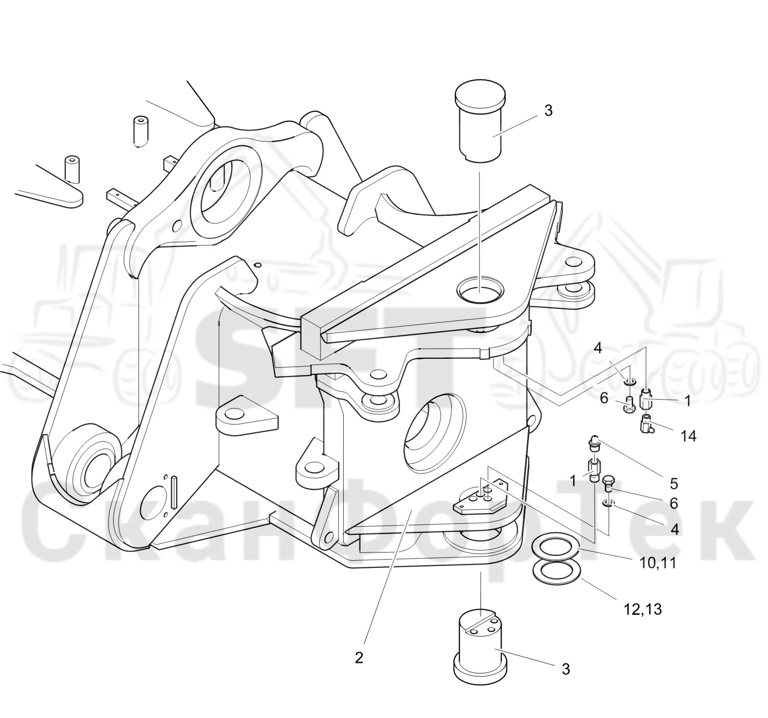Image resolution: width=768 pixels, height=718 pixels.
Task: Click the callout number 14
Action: (688, 436)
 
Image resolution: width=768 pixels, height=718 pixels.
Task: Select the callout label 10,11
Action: (658, 562)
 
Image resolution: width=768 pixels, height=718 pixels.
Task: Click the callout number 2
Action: (359, 658)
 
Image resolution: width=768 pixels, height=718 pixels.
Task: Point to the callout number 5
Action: (673, 483)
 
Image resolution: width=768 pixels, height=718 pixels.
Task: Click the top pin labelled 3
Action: (480, 122)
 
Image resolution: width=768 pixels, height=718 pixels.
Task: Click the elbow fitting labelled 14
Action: (647, 424)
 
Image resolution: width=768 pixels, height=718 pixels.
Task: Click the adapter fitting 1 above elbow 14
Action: (647, 399)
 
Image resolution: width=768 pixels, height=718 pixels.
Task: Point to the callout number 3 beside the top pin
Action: (549, 110)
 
